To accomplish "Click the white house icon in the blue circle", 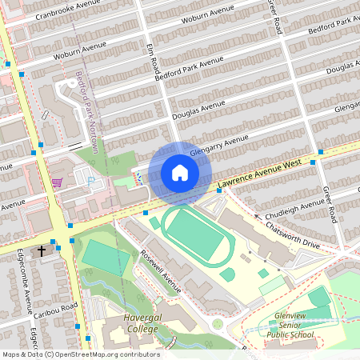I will [x=179, y=173].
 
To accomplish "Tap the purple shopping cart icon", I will [x=57, y=182].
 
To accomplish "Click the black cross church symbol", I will [x=42, y=251].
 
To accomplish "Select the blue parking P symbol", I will [x=90, y=180].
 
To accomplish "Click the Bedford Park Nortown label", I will [x=86, y=112].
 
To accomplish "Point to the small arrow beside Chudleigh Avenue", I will [x=258, y=215].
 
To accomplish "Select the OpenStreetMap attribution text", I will [x=80, y=354].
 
